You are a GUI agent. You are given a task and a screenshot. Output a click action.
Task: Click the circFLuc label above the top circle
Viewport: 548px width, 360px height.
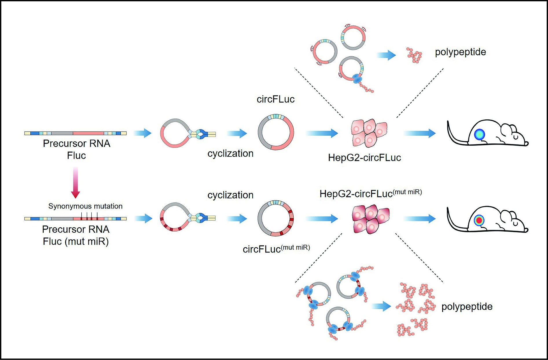(x=275, y=99)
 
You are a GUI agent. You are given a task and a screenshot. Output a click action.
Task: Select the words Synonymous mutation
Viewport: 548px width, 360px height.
(x=85, y=206)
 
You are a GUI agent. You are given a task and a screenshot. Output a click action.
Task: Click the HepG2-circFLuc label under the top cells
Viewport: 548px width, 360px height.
(x=364, y=158)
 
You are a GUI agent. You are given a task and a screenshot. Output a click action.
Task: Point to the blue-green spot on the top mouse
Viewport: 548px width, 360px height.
(x=479, y=134)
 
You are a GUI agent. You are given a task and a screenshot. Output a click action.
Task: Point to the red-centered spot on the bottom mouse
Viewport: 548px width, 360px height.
(x=479, y=220)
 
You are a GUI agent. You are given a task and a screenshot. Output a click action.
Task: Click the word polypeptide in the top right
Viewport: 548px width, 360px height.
(x=460, y=52)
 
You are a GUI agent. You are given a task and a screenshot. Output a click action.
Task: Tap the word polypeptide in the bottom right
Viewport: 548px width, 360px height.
(x=467, y=307)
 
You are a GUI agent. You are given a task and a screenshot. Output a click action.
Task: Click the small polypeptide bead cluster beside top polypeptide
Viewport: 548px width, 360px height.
(x=414, y=55)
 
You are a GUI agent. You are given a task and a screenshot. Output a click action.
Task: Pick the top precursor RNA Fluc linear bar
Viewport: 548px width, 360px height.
(x=76, y=133)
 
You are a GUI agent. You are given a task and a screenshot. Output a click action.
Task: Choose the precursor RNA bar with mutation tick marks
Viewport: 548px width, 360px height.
(x=76, y=219)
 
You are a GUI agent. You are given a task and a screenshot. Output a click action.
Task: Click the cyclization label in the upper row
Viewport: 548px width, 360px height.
(x=230, y=153)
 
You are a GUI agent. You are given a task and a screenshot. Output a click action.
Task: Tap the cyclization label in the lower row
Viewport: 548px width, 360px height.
(x=230, y=195)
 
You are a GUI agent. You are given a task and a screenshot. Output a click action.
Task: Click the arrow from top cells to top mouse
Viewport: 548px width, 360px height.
(x=419, y=133)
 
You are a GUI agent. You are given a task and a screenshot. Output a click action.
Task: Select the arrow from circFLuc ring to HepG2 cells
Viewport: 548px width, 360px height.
(x=321, y=133)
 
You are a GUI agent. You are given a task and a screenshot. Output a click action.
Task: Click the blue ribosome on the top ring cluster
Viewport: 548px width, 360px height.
(x=357, y=79)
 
